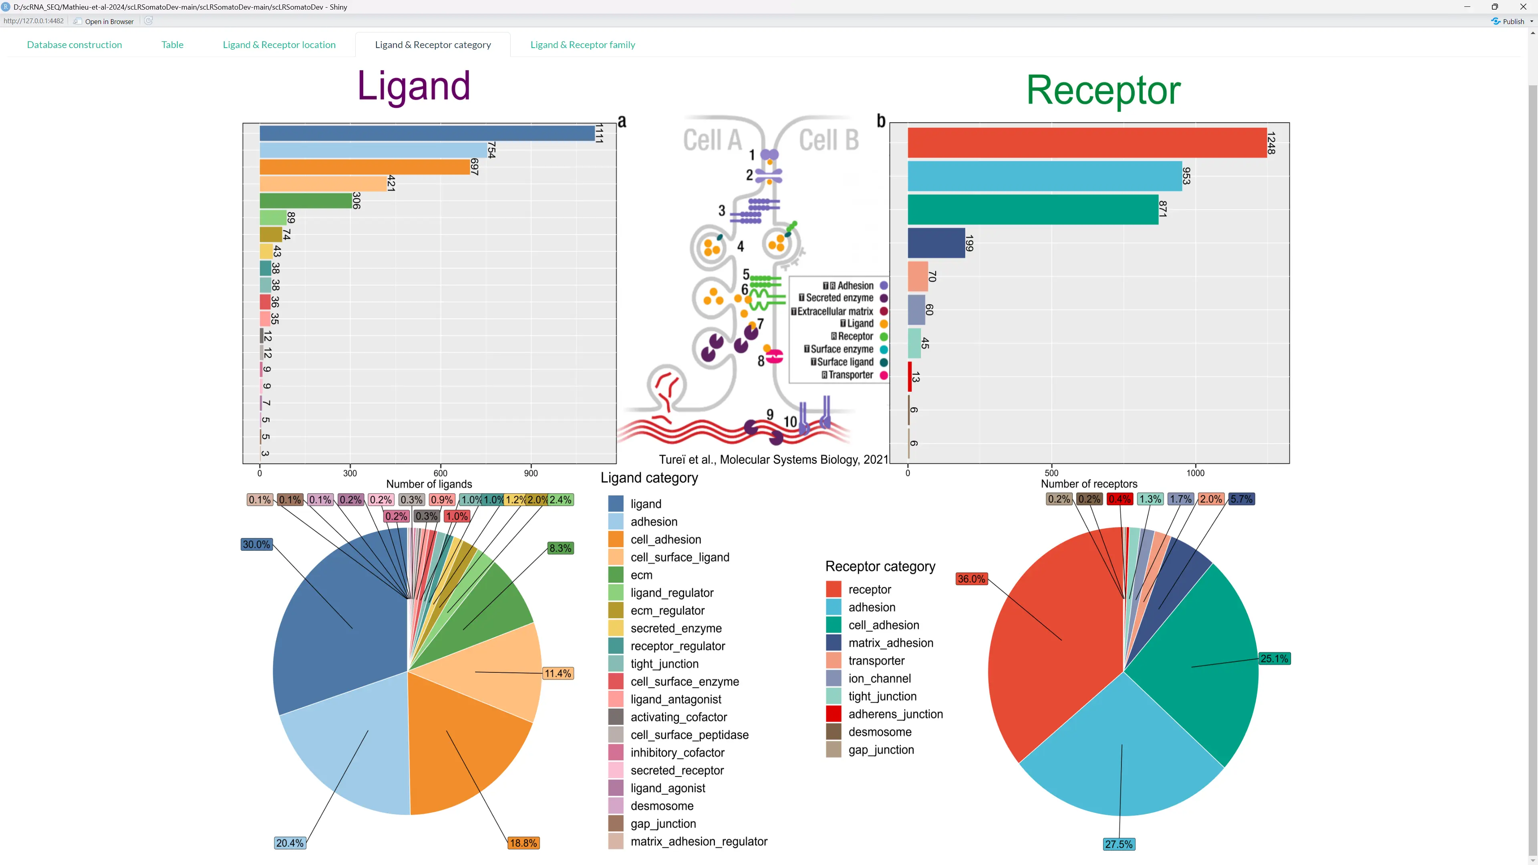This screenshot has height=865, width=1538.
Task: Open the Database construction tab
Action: [x=74, y=45]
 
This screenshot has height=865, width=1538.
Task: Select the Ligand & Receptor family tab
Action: [x=582, y=45]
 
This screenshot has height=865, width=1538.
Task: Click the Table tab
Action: [x=172, y=45]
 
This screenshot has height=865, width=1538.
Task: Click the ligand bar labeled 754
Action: [x=373, y=150]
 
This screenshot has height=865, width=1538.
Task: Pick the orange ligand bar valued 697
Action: [x=364, y=167]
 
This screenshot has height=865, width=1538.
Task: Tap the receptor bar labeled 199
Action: [x=936, y=243]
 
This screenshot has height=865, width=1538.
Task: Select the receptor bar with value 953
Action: [x=1044, y=176]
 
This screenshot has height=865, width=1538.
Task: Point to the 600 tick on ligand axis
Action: [x=440, y=473]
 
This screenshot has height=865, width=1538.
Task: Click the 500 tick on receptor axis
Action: [x=1051, y=473]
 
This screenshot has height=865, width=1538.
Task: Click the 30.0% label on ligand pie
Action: [x=256, y=545]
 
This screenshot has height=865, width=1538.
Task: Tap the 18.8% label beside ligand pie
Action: [x=523, y=843]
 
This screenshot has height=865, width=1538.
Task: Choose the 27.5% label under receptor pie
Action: [x=1118, y=844]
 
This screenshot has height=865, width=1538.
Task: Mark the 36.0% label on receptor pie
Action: [x=971, y=579]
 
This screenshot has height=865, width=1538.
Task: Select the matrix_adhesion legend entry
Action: [x=890, y=643]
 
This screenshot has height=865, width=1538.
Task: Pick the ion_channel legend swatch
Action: [x=833, y=679]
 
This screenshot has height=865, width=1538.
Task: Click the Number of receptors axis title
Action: [x=1089, y=484]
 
